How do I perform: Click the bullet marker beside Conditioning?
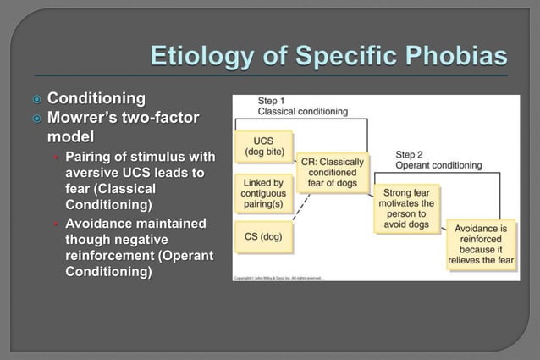[36, 100]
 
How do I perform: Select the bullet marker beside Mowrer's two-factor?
[36, 119]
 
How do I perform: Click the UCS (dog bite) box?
[263, 147]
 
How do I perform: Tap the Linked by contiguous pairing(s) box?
[263, 194]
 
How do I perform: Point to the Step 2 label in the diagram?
[411, 155]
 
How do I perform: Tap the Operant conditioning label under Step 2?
[438, 166]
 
